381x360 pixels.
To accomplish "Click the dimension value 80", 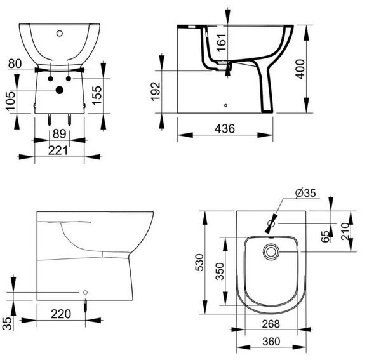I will (x=16, y=63).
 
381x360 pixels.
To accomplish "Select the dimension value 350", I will (x=220, y=271).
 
